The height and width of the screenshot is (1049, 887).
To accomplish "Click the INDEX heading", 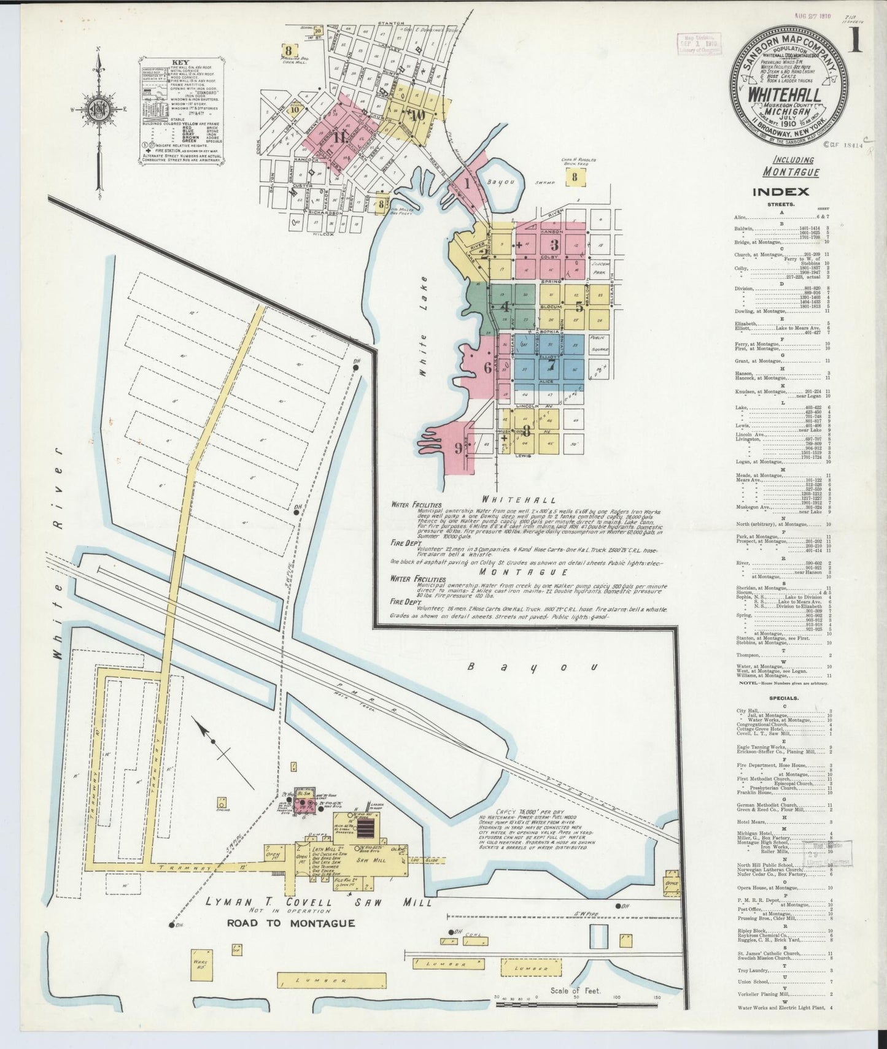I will (x=781, y=192).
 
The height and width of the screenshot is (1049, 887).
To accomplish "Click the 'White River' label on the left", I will (x=58, y=552).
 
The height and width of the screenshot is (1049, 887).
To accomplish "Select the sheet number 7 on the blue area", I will (x=551, y=364).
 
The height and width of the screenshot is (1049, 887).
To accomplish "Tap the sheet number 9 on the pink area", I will (x=458, y=448).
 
